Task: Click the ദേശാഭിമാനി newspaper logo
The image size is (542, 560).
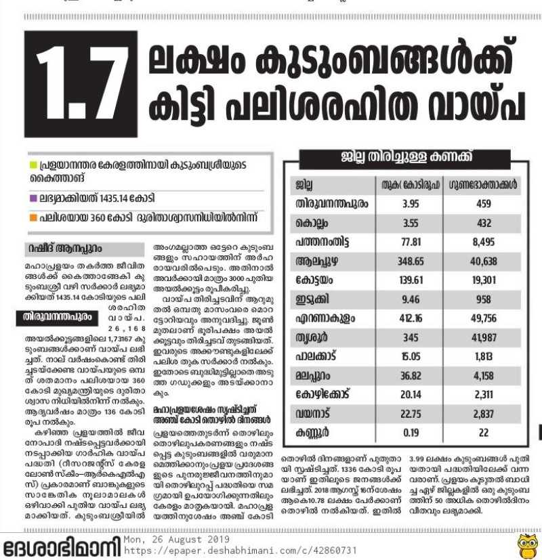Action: [61, 546]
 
